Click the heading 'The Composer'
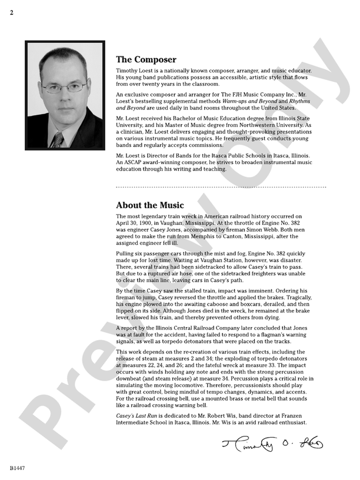click(x=146, y=59)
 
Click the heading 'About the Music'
click(x=150, y=205)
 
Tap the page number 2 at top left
click(x=11, y=12)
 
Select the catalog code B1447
click(x=18, y=468)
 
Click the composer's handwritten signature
click(x=272, y=442)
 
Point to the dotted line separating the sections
click(x=221, y=187)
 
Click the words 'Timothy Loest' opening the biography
click(x=138, y=71)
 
